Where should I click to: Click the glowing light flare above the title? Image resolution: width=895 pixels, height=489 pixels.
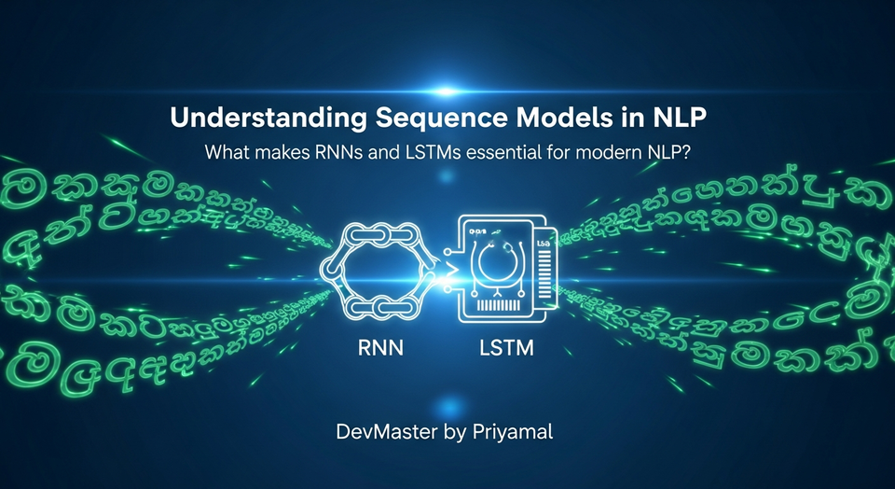(x=447, y=91)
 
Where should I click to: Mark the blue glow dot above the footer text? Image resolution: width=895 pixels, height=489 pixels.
(x=448, y=404)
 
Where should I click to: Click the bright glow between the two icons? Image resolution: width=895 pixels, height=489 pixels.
(x=438, y=274)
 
